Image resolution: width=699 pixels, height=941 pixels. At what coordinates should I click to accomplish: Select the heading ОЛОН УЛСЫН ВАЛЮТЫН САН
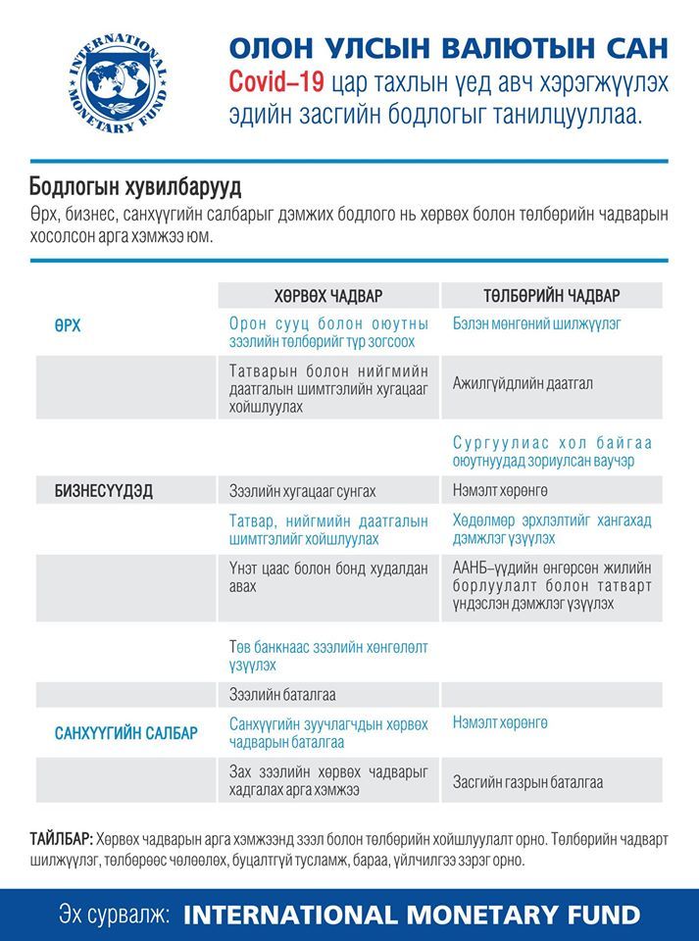tap(448, 47)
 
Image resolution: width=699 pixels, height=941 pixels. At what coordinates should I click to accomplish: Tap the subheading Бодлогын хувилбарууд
tap(135, 186)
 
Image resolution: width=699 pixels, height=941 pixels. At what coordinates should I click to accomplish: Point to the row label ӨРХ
tap(68, 324)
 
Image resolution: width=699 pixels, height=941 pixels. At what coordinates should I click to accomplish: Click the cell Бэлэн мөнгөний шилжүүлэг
tap(536, 322)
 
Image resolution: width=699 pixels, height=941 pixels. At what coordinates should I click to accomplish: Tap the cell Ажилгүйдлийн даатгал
tap(523, 383)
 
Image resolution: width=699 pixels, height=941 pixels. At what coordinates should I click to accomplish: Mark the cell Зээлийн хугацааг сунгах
tap(302, 491)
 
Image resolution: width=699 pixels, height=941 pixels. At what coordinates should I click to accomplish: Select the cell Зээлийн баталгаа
tap(282, 695)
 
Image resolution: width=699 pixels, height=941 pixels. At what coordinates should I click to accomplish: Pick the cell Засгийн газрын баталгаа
tap(527, 782)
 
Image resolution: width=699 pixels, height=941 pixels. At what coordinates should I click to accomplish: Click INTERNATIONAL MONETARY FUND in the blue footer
tap(412, 915)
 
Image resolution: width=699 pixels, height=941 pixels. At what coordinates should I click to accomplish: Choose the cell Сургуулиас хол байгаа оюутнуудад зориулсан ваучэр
tap(552, 451)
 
